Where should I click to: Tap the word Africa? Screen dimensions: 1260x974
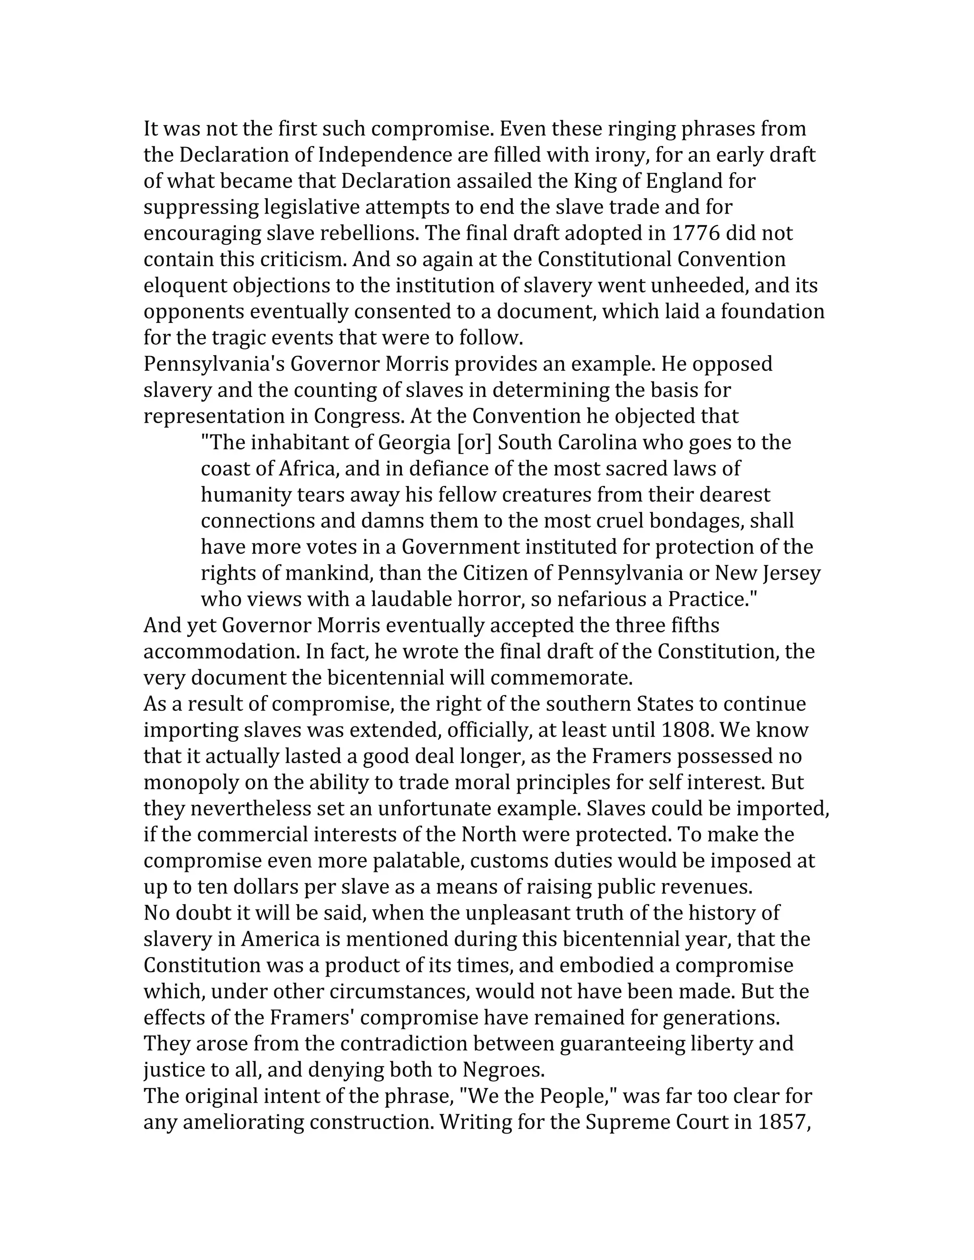[x=306, y=468]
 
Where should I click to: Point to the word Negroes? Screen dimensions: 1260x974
[x=503, y=1070]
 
